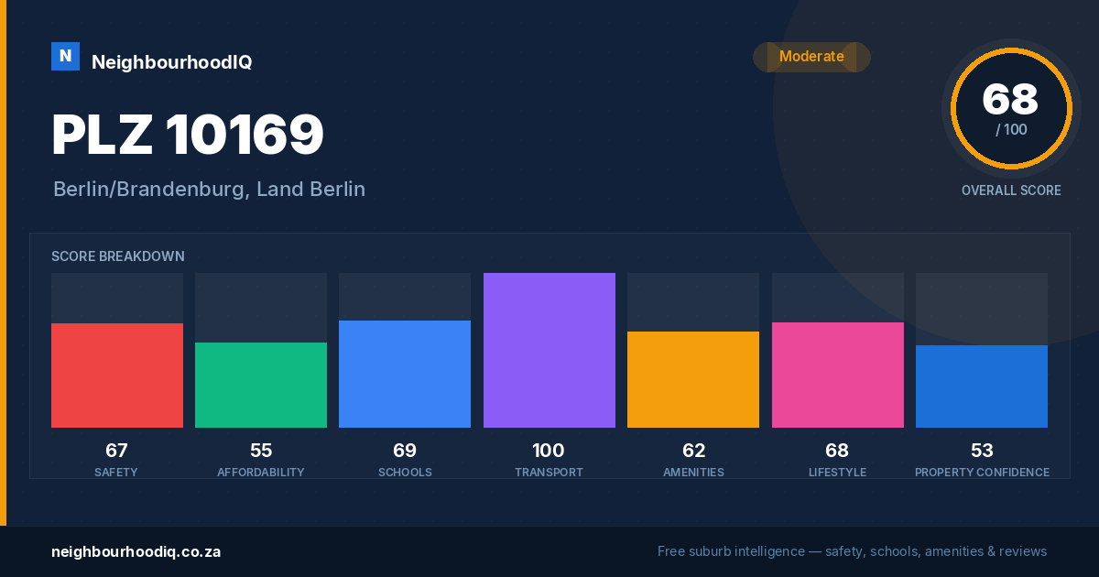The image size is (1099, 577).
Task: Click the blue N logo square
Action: click(x=65, y=57)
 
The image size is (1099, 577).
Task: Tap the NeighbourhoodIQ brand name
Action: click(x=172, y=62)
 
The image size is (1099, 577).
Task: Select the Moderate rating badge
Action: click(x=811, y=57)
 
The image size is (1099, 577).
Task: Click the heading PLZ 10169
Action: click(x=188, y=134)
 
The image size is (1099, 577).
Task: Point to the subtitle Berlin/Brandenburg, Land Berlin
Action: click(x=209, y=190)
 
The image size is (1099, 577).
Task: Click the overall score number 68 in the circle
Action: click(x=1010, y=99)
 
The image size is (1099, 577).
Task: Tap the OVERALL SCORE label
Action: click(x=1011, y=191)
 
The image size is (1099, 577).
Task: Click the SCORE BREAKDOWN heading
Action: click(x=118, y=256)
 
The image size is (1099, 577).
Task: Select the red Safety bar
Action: click(x=117, y=376)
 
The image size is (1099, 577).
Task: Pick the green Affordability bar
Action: click(x=261, y=386)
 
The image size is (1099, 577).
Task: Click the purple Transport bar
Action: click(x=549, y=350)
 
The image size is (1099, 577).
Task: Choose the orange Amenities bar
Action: click(x=693, y=380)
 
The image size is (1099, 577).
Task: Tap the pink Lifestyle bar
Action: click(x=837, y=375)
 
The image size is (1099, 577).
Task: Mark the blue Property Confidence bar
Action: click(x=982, y=386)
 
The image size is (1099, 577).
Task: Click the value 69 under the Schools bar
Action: click(x=405, y=451)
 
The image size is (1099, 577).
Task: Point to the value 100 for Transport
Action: click(x=549, y=451)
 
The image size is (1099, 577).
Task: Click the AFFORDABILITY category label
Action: click(x=261, y=472)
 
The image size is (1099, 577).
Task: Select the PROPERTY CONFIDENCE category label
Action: click(x=982, y=472)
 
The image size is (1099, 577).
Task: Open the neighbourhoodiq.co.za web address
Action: click(x=136, y=552)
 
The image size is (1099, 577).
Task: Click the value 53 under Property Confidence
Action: click(x=982, y=451)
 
